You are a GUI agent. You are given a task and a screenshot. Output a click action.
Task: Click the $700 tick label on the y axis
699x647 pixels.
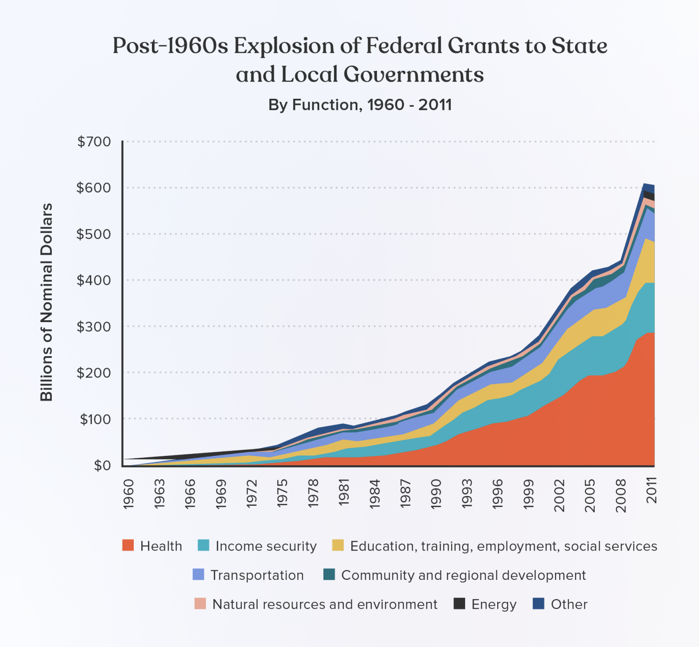coord(94,142)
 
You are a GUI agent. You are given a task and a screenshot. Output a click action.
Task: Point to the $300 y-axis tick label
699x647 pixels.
coord(94,327)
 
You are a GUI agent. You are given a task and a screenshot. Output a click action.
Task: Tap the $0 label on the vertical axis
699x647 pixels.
coord(102,466)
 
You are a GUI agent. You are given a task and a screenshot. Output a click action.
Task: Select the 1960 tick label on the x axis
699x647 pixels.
coord(129,494)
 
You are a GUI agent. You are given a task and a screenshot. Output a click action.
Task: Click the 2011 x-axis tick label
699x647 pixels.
coord(651,490)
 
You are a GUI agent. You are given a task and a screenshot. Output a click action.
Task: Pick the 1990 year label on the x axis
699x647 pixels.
coord(436,494)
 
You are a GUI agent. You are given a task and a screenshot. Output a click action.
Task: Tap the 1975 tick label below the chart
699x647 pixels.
coord(282,494)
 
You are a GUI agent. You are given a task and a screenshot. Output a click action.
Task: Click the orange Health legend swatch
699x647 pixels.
coord(128,545)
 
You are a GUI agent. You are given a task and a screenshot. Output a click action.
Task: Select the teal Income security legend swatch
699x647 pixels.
coord(204,545)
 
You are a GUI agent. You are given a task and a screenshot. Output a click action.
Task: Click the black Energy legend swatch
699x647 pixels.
coord(459,604)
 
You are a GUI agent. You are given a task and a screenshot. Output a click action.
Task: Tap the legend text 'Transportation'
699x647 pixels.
coord(257,575)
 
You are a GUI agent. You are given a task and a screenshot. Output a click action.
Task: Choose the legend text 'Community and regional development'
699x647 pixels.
coord(463,575)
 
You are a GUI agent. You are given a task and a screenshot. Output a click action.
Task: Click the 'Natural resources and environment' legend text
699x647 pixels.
coord(325,604)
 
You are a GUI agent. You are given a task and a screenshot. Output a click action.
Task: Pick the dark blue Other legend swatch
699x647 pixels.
coord(538,604)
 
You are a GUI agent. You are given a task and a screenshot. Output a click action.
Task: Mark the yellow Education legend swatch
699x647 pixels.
coord(338,545)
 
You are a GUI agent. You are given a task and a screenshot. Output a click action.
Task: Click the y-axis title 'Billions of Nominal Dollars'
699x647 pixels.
coord(47,303)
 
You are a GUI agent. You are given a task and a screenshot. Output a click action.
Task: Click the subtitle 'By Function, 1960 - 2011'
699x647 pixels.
coord(360,105)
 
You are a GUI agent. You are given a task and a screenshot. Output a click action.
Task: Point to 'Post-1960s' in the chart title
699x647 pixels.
coord(170,46)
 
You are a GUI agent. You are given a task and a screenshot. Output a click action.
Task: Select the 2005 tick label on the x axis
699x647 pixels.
coord(590,494)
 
